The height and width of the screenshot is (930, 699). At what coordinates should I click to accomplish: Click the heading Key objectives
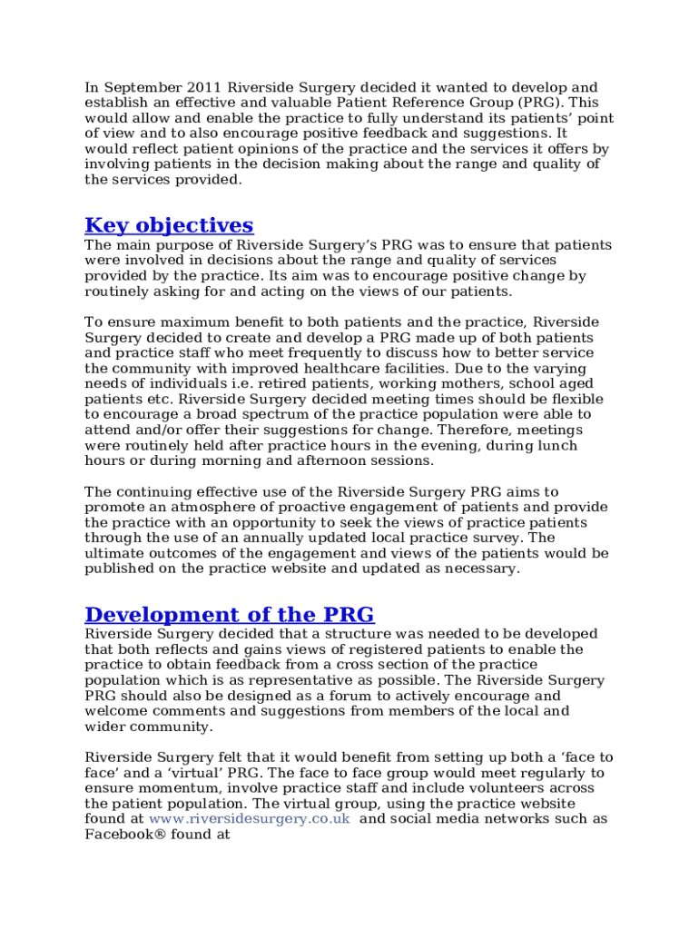coord(169,225)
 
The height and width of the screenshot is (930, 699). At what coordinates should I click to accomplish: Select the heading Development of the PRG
coord(229,614)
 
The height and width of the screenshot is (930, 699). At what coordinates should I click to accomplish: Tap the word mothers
coord(418,383)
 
